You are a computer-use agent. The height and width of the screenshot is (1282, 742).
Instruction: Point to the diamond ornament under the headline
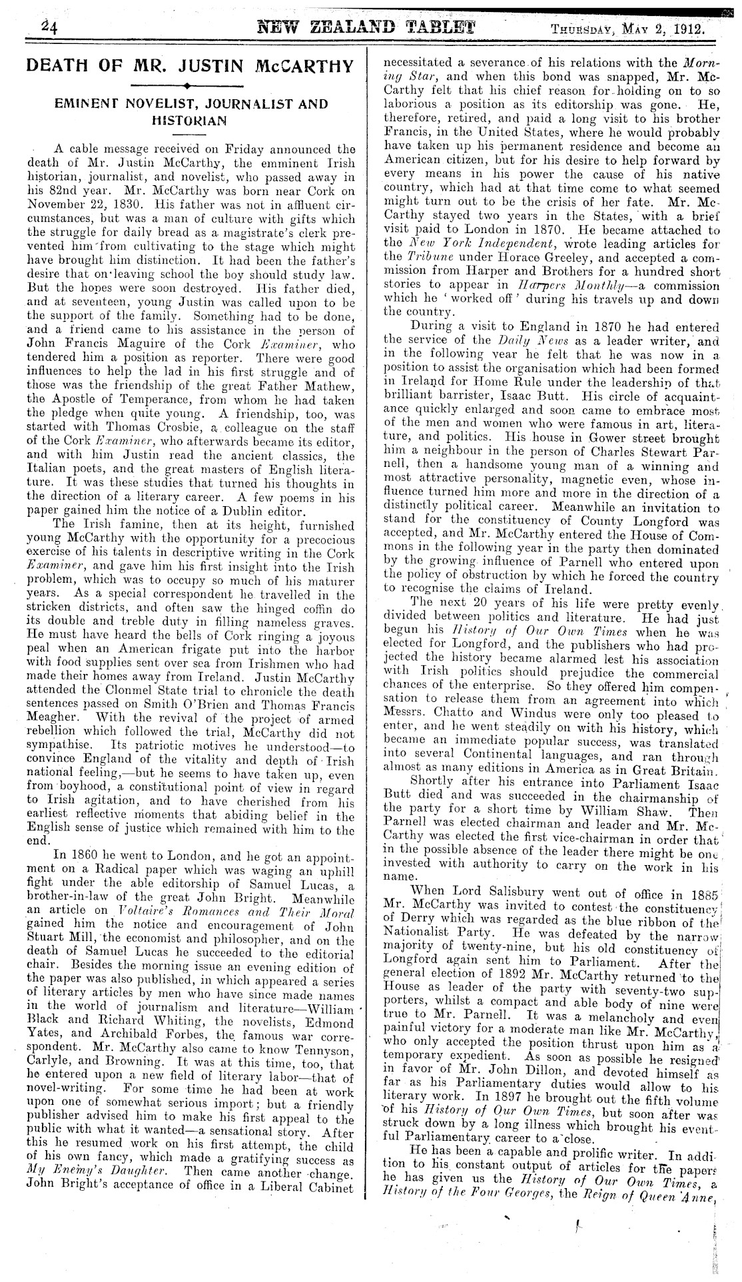click(188, 85)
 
